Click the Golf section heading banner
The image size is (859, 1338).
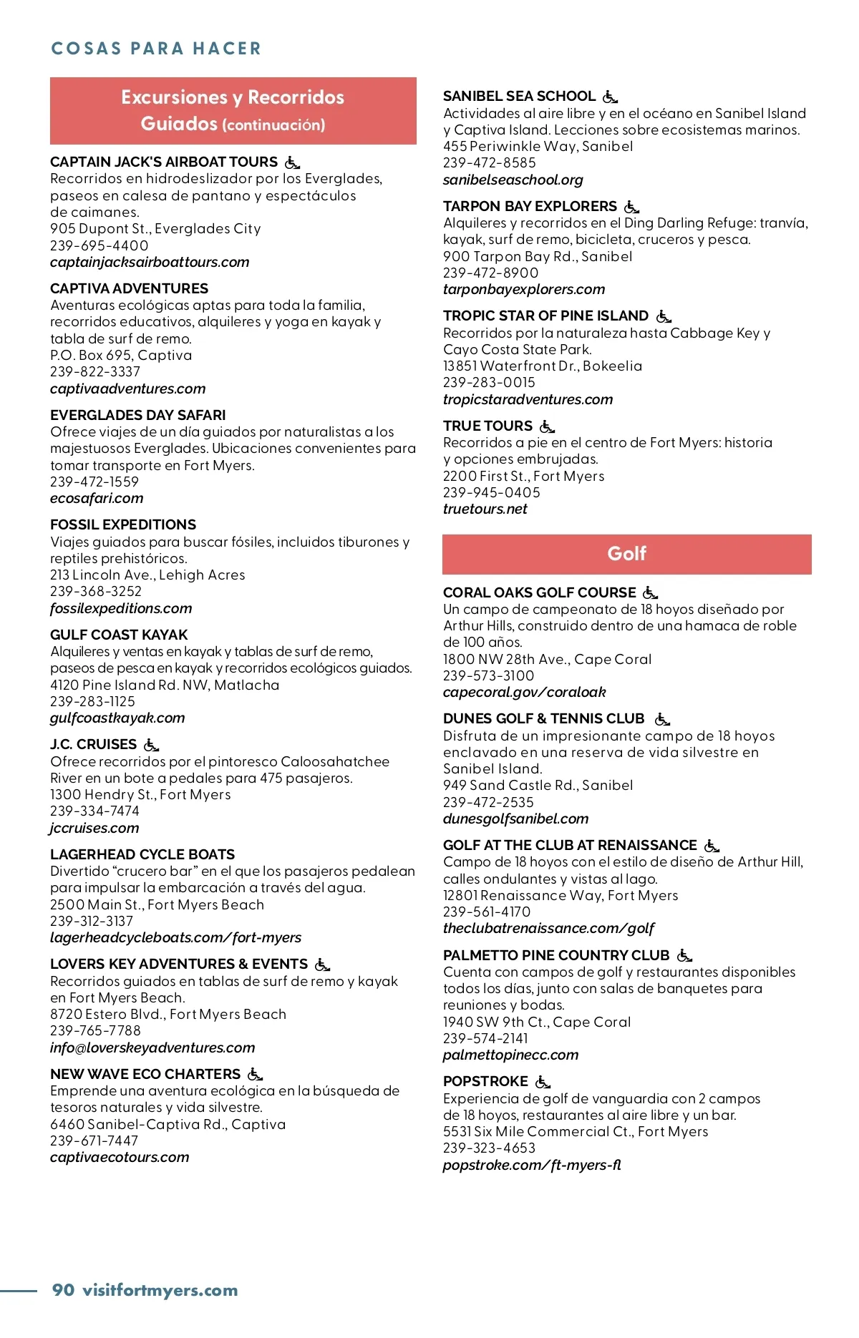click(626, 554)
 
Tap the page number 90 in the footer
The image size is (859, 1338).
click(63, 1289)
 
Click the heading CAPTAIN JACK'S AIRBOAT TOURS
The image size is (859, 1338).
click(164, 162)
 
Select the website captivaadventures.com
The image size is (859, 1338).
click(127, 389)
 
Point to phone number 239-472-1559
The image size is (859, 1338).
click(94, 482)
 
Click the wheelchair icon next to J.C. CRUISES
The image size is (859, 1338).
click(151, 745)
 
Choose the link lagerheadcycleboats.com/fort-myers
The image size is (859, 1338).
click(175, 937)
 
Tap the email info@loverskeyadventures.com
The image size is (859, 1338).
click(152, 1048)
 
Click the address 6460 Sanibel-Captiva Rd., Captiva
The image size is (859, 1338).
click(168, 1124)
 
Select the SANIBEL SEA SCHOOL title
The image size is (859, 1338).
click(519, 97)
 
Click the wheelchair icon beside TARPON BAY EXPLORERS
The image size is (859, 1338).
click(631, 207)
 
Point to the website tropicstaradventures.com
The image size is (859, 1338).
click(528, 399)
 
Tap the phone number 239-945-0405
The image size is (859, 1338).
click(491, 492)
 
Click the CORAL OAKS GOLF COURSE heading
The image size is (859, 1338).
click(539, 592)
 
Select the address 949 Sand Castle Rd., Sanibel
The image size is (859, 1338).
click(538, 785)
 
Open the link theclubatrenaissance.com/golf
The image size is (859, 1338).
click(548, 928)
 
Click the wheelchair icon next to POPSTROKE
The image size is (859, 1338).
click(543, 1082)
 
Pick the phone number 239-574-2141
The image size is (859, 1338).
click(485, 1038)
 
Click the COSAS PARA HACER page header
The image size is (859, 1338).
click(156, 49)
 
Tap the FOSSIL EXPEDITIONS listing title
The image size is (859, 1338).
click(123, 524)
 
